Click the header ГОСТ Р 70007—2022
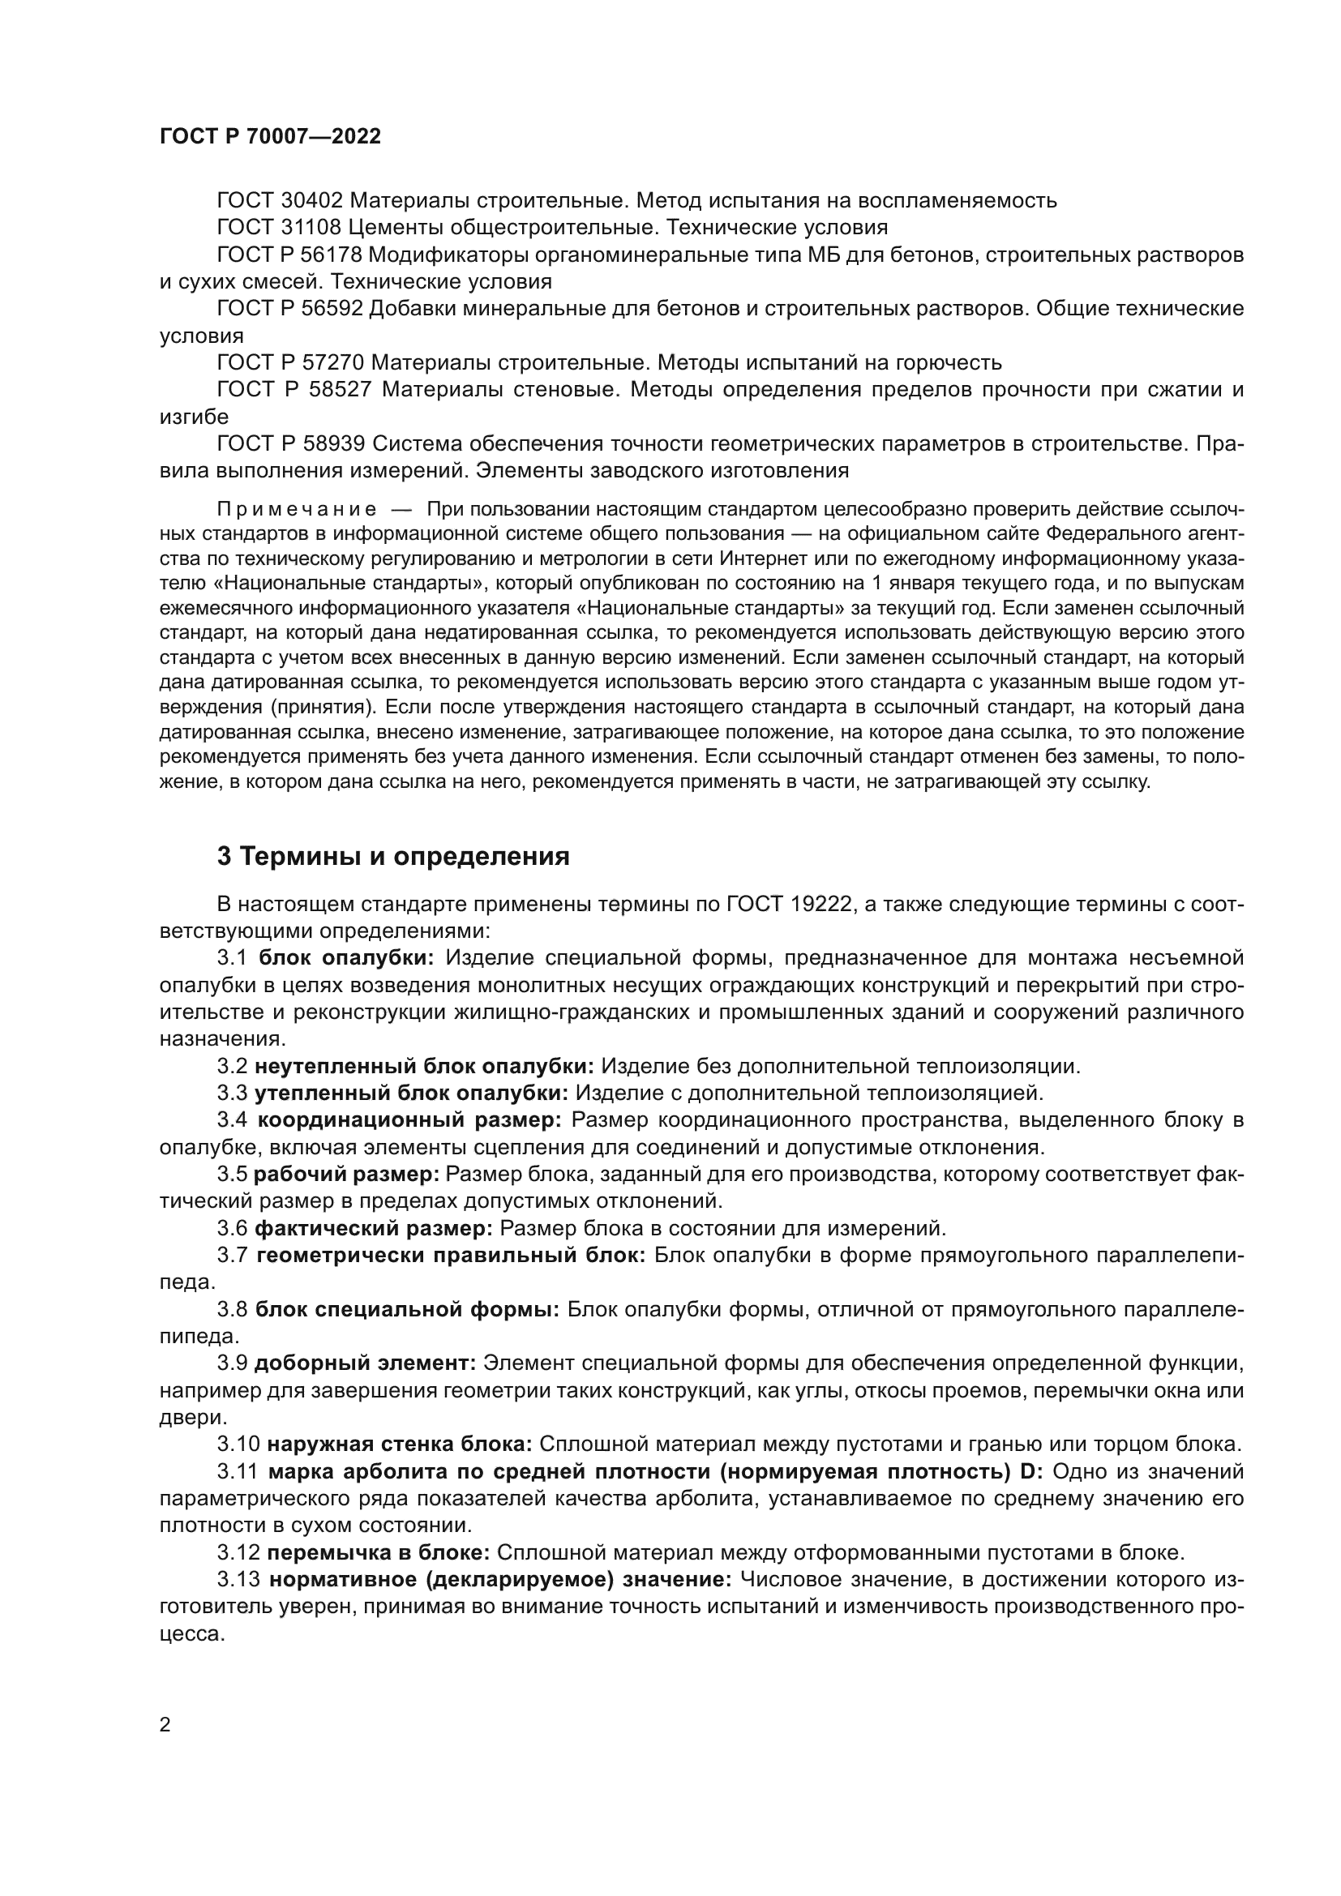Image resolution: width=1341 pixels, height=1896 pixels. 270,137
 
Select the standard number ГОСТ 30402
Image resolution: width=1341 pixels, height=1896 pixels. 279,201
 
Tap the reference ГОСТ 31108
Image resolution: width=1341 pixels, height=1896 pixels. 279,227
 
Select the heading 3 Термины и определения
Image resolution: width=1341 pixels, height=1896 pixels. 393,856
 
